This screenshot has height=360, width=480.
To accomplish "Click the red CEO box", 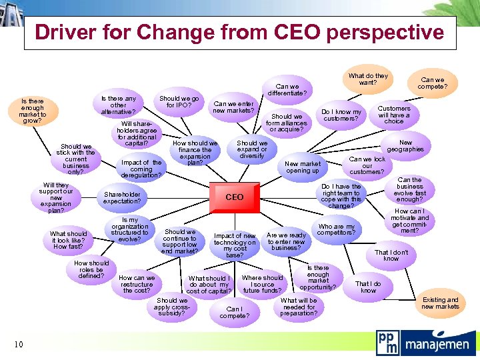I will click(x=234, y=197).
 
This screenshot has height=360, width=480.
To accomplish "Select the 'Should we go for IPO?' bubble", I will click(x=179, y=101).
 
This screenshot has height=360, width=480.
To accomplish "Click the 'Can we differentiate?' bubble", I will click(x=287, y=89).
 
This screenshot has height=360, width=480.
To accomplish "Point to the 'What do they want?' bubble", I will click(x=368, y=79).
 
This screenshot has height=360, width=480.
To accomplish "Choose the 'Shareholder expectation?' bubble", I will click(x=122, y=197).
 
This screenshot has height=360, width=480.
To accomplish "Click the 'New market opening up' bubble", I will click(x=302, y=167).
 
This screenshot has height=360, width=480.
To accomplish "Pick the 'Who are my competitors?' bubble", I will click(x=336, y=230).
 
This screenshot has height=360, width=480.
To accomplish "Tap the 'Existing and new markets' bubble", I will click(x=440, y=303).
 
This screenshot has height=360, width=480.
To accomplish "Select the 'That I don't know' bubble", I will click(x=391, y=255).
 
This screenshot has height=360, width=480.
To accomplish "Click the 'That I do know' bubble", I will click(x=368, y=287).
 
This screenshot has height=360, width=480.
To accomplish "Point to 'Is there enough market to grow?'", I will click(x=32, y=111).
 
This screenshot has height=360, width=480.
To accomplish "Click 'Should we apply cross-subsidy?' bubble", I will click(x=171, y=307).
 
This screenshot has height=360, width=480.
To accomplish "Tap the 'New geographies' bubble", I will click(x=405, y=146).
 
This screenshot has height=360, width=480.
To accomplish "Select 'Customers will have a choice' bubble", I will click(x=394, y=115).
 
